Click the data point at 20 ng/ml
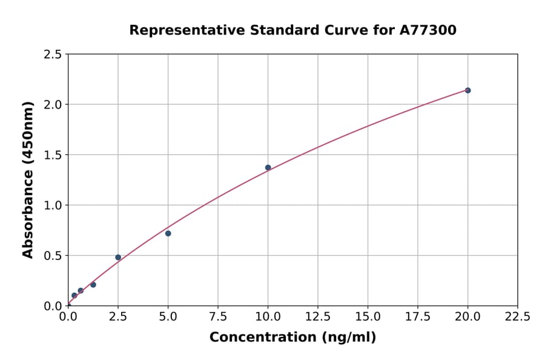(467, 90)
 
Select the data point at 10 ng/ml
(268, 167)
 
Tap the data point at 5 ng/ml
(168, 233)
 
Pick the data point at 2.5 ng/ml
(118, 257)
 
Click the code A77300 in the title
(429, 30)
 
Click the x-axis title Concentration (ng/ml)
(292, 337)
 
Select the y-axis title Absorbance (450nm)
(28, 179)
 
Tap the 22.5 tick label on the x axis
(517, 316)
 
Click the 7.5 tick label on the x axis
(218, 316)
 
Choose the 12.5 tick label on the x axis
(318, 316)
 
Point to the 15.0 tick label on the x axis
(368, 316)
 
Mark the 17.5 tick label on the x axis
(418, 316)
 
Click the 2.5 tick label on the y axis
(53, 55)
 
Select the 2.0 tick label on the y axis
(53, 105)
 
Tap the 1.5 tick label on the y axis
(53, 155)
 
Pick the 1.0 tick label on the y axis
(53, 205)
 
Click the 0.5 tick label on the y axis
(53, 256)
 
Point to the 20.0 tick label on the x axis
(467, 316)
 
